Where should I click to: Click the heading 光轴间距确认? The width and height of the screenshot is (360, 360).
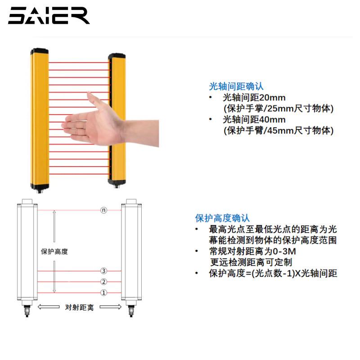point(236,86)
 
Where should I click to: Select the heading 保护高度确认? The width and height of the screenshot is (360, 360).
point(222,218)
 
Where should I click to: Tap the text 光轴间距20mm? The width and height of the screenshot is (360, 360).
point(254,98)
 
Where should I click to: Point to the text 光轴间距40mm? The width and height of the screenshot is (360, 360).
point(254,120)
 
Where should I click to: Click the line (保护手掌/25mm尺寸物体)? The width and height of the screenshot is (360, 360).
point(278,108)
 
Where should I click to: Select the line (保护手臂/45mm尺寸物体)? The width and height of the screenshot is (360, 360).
point(278,130)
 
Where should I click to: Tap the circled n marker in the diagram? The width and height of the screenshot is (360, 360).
point(103,210)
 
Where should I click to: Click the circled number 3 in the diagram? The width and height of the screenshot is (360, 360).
point(103,271)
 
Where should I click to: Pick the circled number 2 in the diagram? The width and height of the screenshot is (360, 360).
point(103,282)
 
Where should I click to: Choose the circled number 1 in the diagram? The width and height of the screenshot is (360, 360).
point(103,293)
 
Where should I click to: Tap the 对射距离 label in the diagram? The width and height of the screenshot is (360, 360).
point(80,307)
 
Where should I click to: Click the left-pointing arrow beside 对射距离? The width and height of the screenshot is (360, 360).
point(49,307)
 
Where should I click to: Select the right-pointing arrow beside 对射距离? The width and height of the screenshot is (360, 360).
point(111,307)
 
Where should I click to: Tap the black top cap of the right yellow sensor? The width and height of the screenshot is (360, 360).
point(116,56)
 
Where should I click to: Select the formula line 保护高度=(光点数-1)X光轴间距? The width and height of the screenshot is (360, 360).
point(273,273)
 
